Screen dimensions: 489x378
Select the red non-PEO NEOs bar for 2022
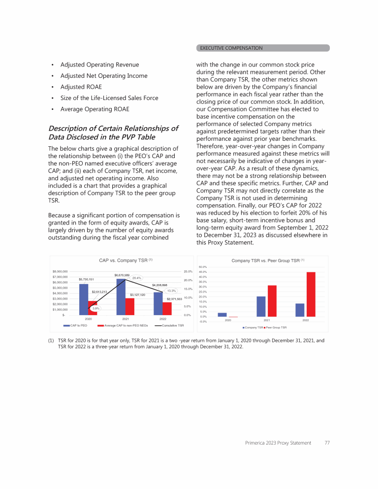(167, 308)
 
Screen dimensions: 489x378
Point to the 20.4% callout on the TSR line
(137, 278)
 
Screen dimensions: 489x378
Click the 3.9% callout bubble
(97, 308)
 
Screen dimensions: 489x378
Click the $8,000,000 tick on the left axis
(61, 271)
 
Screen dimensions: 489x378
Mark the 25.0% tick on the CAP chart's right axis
(188, 271)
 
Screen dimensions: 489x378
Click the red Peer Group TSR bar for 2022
(311, 294)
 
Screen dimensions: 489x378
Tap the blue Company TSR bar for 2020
(222, 315)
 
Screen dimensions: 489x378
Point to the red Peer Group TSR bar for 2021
(272, 301)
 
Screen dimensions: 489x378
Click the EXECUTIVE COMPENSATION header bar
(263, 48)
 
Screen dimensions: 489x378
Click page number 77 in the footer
(327, 443)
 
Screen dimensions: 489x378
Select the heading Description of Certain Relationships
(113, 133)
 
